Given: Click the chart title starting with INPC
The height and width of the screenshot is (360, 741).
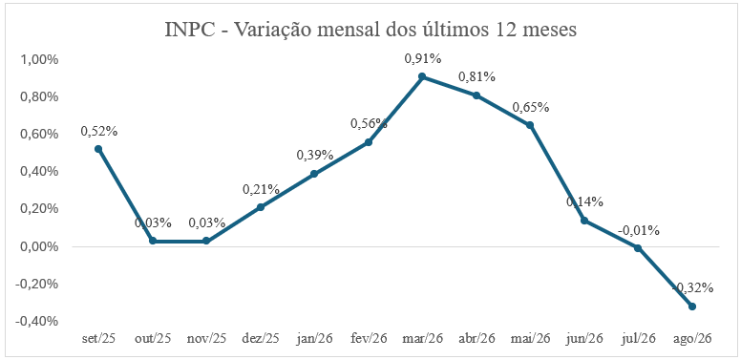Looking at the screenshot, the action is [x=370, y=30].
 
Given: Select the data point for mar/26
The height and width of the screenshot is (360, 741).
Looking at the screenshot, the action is [x=422, y=76].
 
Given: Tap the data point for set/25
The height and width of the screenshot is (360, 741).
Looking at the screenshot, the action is [x=98, y=149].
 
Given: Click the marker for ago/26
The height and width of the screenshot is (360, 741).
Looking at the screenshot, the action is [x=692, y=307].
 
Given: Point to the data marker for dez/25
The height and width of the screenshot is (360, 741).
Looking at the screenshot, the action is [x=261, y=207].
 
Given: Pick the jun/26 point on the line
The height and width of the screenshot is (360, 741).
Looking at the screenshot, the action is [x=584, y=221].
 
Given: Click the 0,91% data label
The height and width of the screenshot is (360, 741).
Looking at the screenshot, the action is [x=422, y=59].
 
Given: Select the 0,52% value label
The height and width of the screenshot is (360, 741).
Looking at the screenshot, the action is [x=98, y=132].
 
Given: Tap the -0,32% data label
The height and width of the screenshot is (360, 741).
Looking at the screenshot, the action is [x=692, y=287].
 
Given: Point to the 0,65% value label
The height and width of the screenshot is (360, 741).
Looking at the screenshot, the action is [x=531, y=108].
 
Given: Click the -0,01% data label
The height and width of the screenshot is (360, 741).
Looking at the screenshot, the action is [x=639, y=230].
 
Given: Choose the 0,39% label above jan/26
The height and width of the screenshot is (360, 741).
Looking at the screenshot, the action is [x=315, y=155].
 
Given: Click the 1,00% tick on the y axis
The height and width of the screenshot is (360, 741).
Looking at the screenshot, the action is [x=39, y=60].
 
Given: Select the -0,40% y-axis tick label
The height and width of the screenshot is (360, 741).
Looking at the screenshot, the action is [x=37, y=321].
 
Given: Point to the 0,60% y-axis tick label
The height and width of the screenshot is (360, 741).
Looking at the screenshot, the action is [x=39, y=135].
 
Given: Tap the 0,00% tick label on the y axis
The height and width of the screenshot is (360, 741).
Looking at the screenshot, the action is [x=39, y=246].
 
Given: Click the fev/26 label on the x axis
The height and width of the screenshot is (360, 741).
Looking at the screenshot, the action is [x=369, y=339].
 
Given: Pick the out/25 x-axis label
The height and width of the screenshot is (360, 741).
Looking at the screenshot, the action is [x=152, y=339].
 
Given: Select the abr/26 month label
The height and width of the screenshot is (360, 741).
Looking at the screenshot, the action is [x=476, y=339].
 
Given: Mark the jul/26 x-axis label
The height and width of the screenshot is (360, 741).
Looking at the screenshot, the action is [x=639, y=339].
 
